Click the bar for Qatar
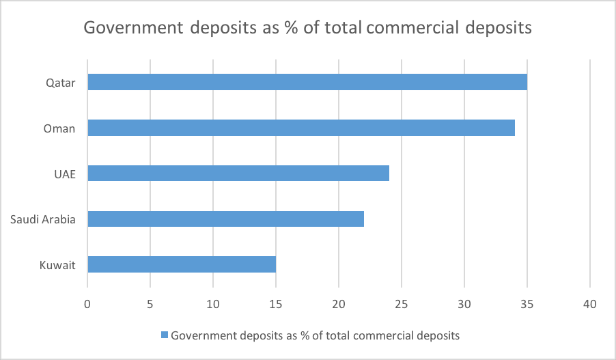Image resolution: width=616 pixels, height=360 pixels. [307, 82]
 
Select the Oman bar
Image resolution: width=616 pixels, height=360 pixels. [301, 128]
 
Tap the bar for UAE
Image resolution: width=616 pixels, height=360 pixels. [238, 174]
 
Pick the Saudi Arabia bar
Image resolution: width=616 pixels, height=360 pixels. [225, 219]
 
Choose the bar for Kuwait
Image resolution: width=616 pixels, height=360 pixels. [182, 264]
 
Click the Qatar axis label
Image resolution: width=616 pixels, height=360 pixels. [60, 83]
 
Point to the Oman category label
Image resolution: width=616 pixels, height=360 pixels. [59, 128]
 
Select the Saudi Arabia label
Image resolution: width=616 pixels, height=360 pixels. [43, 219]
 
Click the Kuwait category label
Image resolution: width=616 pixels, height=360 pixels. [58, 265]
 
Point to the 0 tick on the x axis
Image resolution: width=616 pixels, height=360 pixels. [87, 303]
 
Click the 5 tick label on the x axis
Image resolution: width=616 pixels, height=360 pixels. [150, 303]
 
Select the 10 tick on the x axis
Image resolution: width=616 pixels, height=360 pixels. [213, 303]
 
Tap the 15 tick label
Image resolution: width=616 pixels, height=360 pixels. [276, 303]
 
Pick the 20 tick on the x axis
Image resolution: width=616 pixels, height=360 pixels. [339, 303]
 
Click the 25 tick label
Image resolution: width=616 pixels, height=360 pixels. [402, 303]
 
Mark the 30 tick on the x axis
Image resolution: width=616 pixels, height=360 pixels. [464, 303]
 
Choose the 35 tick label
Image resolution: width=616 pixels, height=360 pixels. [527, 303]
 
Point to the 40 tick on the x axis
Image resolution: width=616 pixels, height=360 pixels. [590, 303]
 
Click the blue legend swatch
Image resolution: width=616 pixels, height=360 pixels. [164, 335]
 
